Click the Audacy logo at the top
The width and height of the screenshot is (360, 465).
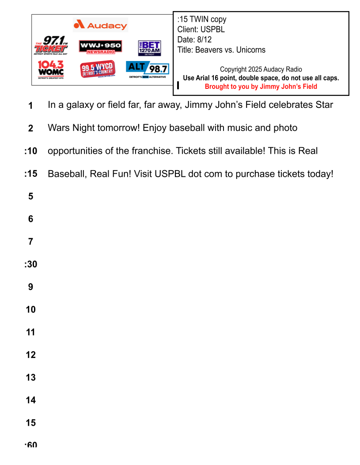click(x=100, y=25)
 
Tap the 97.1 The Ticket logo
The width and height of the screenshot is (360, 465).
click(x=51, y=45)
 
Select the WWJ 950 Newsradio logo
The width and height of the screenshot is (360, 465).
click(x=100, y=47)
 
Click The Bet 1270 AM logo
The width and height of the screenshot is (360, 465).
click(x=149, y=48)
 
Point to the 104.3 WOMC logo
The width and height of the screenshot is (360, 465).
click(x=51, y=69)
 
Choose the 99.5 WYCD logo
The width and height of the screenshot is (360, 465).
click(x=98, y=69)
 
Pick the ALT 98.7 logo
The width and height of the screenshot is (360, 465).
click(x=147, y=69)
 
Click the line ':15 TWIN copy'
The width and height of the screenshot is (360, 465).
click(x=202, y=19)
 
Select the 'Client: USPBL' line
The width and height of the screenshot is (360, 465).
click(x=201, y=30)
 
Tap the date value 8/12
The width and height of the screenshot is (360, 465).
click(x=204, y=40)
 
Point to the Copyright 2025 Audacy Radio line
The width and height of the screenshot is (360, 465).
click(x=261, y=69)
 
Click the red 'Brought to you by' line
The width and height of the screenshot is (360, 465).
click(x=261, y=87)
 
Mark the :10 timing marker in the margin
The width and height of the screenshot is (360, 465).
click(x=30, y=151)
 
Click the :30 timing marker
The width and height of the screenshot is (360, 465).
click(x=30, y=264)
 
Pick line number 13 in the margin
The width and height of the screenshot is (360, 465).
click(x=30, y=377)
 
